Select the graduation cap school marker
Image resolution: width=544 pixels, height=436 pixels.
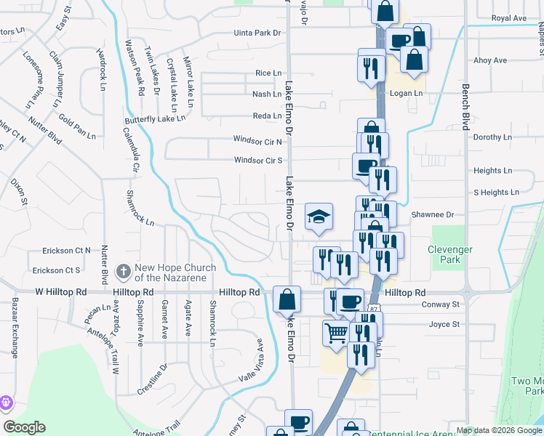319,217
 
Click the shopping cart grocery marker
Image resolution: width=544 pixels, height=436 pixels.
336,333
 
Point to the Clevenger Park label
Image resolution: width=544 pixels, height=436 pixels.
450,254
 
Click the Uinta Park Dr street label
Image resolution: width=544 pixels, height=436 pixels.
257,33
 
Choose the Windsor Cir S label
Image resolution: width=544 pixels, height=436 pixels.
257,161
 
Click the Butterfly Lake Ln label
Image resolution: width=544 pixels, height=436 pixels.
156,118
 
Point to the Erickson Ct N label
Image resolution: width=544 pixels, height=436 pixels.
62,251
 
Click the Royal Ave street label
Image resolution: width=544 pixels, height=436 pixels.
508,17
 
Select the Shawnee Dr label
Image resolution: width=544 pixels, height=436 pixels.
432,215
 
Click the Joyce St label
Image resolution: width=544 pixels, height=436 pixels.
444,324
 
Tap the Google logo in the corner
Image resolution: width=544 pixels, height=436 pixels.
24,427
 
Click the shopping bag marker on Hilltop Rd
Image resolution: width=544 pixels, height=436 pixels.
287,299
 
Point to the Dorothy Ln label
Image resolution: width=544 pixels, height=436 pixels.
487,137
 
